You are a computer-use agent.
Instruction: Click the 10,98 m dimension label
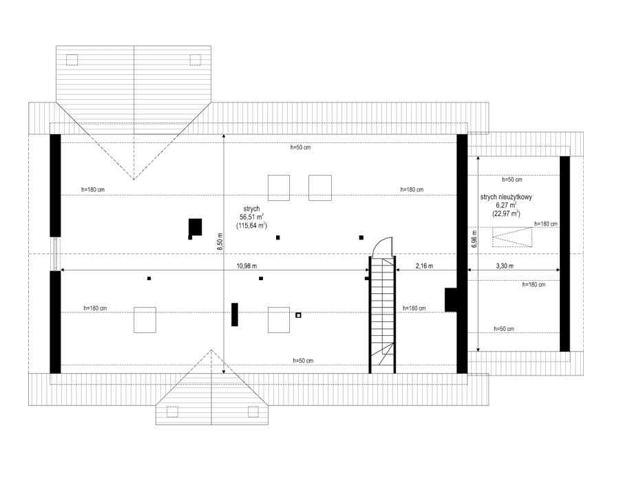tap(246, 266)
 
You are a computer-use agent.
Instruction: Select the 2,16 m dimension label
tap(425, 266)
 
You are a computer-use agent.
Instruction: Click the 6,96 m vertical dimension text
tap(474, 238)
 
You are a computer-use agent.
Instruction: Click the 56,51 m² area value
tap(252, 216)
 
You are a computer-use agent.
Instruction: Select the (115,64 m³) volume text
tap(252, 225)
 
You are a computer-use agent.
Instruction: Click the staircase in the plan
tap(381, 313)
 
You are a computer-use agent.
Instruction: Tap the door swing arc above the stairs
tap(381, 246)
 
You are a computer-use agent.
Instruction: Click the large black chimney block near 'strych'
tap(196, 226)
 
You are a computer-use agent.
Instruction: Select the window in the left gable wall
tap(54, 254)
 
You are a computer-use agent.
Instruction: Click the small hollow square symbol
tap(298, 315)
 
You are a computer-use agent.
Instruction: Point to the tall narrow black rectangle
tap(235, 314)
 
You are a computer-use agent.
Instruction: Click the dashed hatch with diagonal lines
tap(512, 238)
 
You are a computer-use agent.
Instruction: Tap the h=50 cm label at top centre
tap(301, 147)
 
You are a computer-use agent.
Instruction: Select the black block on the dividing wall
tap(452, 299)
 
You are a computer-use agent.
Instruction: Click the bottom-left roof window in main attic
tap(145, 320)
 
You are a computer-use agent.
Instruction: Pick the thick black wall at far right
tap(565, 253)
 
